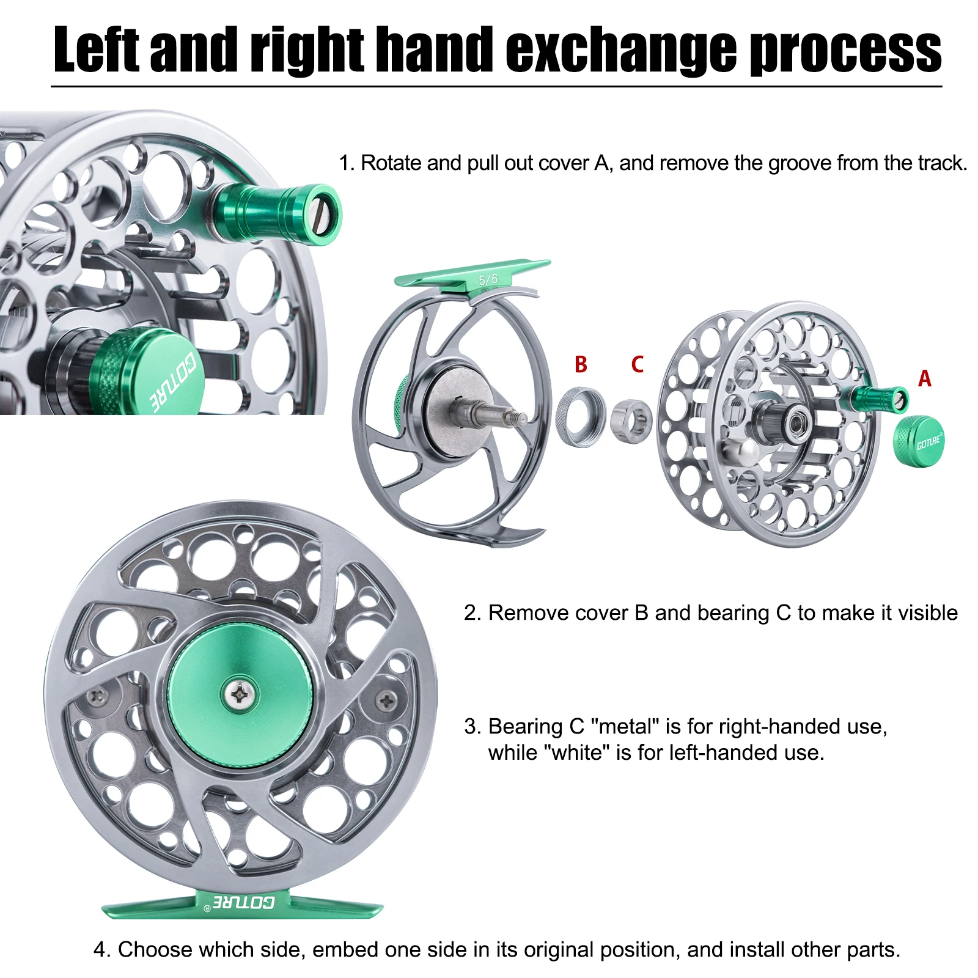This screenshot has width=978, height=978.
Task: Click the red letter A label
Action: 924,379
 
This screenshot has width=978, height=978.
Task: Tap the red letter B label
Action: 581,364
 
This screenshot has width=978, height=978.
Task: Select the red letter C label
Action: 637,364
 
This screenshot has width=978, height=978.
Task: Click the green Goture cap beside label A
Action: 918,439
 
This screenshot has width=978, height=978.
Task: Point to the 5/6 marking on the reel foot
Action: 488,279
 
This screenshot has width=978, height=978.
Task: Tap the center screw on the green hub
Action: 240,694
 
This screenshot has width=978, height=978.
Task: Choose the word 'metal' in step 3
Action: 625,726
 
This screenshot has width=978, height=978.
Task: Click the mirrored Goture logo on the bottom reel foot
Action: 243,902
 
